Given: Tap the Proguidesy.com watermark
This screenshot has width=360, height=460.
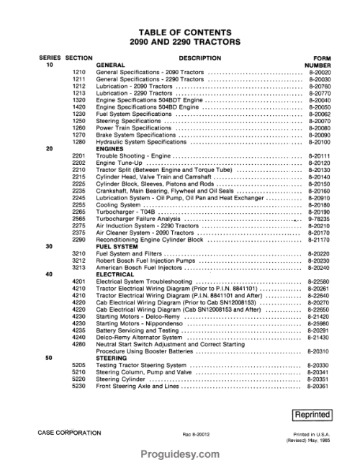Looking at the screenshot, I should click(179, 451).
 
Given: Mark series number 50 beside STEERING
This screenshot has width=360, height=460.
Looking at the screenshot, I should click(48, 357).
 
